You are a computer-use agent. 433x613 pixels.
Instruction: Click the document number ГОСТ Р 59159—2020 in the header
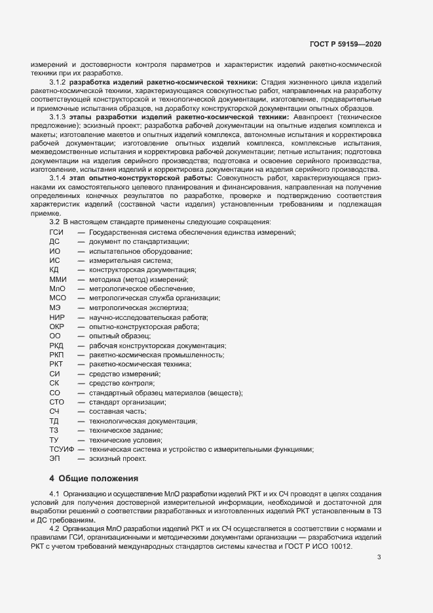point(345,44)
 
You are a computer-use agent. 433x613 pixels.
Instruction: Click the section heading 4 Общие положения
point(94,477)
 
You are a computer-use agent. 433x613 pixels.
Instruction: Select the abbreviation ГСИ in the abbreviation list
point(56,233)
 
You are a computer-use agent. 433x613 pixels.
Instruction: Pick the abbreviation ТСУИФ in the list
point(61,449)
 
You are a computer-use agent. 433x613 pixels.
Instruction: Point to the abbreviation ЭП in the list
point(54,459)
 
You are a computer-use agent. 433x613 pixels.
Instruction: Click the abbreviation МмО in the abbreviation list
point(57,289)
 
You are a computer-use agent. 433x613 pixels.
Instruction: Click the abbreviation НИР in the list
point(57,317)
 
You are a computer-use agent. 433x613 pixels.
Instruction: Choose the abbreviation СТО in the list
point(56,402)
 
